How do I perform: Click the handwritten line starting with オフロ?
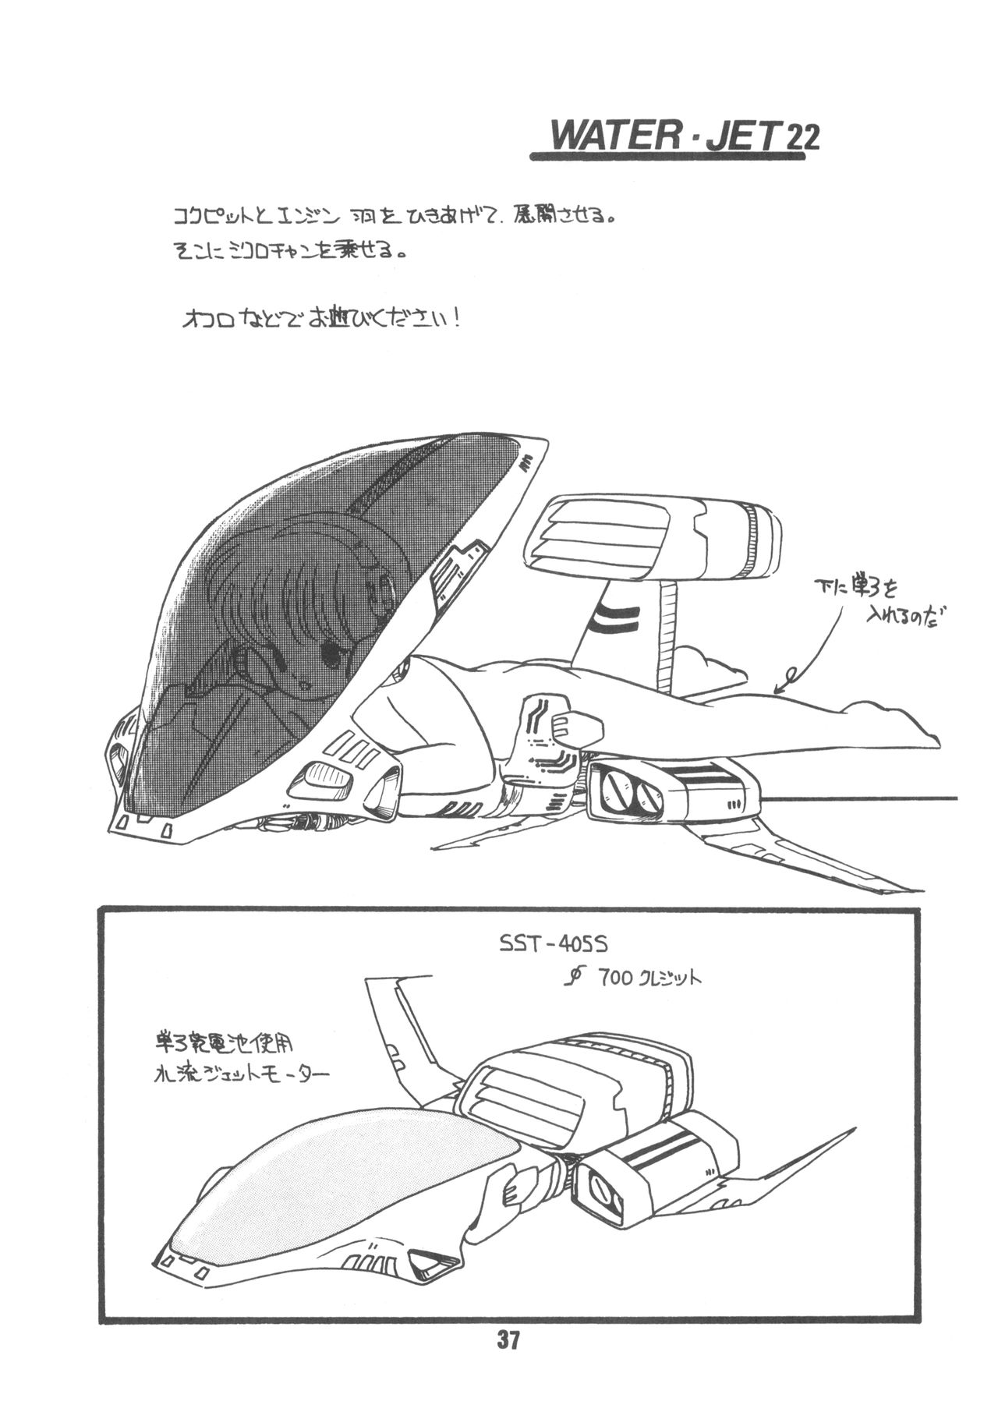[x=320, y=320]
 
